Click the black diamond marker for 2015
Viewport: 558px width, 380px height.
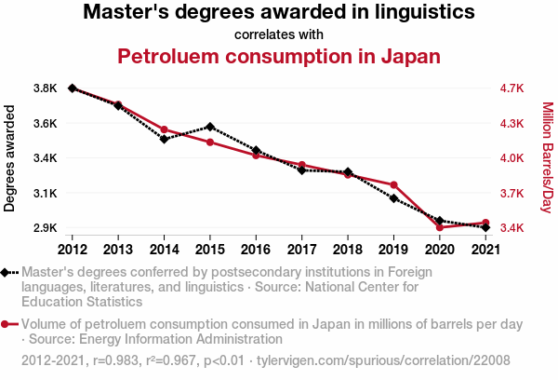click(x=210, y=127)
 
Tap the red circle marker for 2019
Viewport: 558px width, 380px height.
click(x=393, y=185)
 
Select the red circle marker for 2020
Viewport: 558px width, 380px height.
click(x=439, y=227)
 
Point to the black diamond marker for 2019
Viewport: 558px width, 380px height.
click(x=393, y=199)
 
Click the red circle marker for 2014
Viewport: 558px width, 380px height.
click(x=164, y=129)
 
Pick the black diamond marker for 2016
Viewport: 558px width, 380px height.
click(x=256, y=151)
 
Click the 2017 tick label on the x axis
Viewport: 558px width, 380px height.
click(x=301, y=249)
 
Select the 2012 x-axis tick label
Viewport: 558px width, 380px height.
click(x=73, y=249)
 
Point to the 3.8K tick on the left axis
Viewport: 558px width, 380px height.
click(x=46, y=88)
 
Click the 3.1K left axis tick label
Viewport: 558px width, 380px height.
click(x=46, y=194)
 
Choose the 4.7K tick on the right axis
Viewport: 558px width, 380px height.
click(x=512, y=88)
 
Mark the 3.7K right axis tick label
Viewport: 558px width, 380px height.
click(x=512, y=194)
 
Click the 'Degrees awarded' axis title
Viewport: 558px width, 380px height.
click(x=10, y=158)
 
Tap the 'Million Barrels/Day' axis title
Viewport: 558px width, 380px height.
click(x=547, y=158)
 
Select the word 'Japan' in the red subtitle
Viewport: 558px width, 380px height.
click(x=410, y=56)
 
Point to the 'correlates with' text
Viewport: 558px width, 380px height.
click(x=279, y=34)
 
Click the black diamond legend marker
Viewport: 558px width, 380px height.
click(x=7, y=272)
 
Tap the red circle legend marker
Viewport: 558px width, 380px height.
click(x=7, y=325)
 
